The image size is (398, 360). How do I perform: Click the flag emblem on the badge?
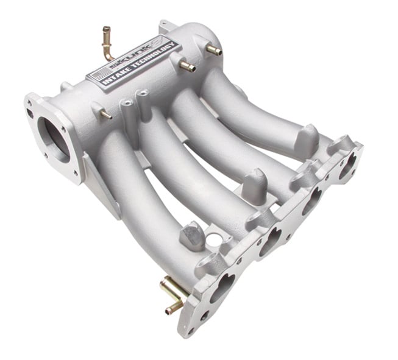(x=96, y=77)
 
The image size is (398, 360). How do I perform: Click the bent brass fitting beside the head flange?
(x=172, y=294)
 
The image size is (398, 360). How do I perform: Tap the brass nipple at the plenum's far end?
(x=215, y=51)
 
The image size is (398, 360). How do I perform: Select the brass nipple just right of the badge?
(x=187, y=66)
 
